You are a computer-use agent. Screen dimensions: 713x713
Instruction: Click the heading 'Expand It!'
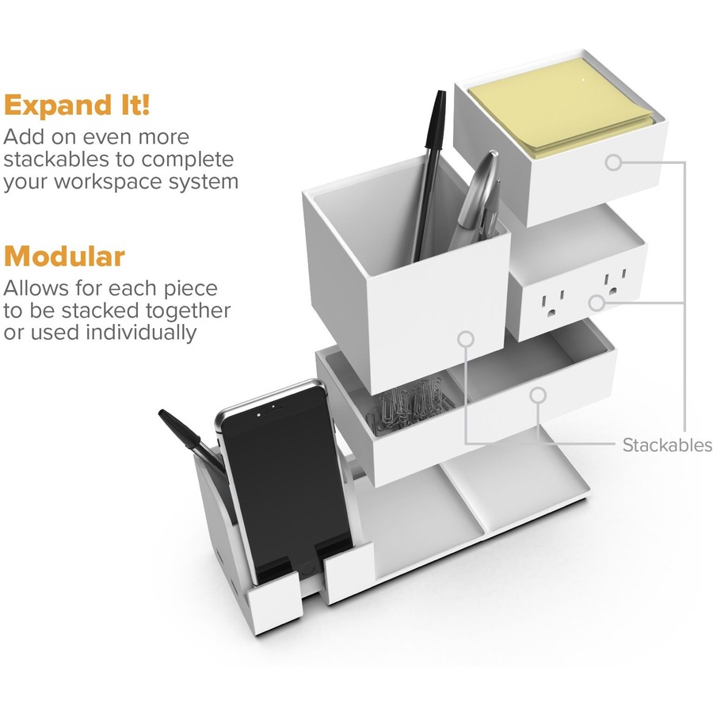click(x=77, y=105)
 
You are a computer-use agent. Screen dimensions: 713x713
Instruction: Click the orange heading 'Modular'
click(x=64, y=257)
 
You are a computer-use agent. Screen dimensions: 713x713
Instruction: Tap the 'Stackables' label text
click(x=667, y=445)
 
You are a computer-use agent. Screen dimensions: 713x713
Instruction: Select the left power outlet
click(x=554, y=304)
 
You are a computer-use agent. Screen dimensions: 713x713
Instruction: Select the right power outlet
click(x=612, y=285)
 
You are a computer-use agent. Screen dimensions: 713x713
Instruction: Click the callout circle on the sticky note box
click(x=613, y=162)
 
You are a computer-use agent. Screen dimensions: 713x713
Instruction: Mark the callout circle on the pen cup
click(x=466, y=338)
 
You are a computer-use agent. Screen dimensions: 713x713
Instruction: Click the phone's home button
click(x=307, y=567)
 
